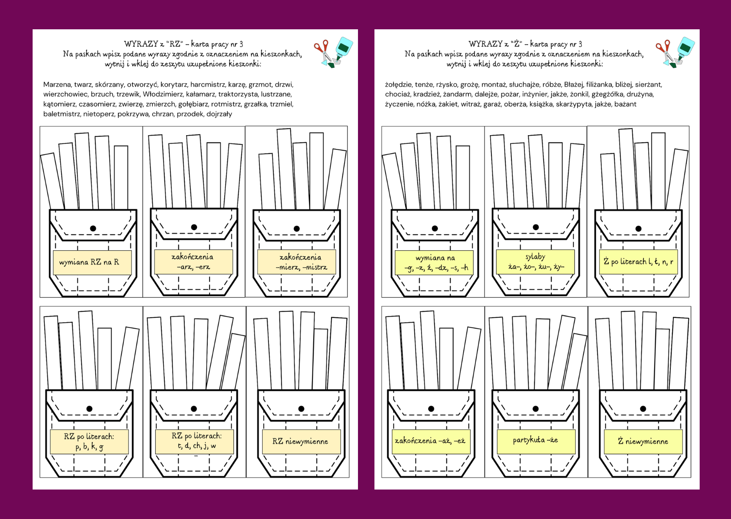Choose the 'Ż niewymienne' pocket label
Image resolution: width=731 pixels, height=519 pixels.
643,442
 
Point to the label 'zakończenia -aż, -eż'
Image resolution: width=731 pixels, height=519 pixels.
430,441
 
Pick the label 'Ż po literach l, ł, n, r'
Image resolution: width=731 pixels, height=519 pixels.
638,262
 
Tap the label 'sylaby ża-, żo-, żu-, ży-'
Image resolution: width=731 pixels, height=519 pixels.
535,262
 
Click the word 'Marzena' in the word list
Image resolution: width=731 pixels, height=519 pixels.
57,85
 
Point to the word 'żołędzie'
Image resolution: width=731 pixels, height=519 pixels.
398,85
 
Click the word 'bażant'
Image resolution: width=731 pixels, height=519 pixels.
625,104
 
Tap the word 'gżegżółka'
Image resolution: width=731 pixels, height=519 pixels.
607,94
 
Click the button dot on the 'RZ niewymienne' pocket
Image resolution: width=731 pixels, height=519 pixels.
301,409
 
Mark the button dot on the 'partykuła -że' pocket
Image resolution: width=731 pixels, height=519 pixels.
536,409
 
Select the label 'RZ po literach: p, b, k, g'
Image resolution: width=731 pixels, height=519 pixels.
89,442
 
